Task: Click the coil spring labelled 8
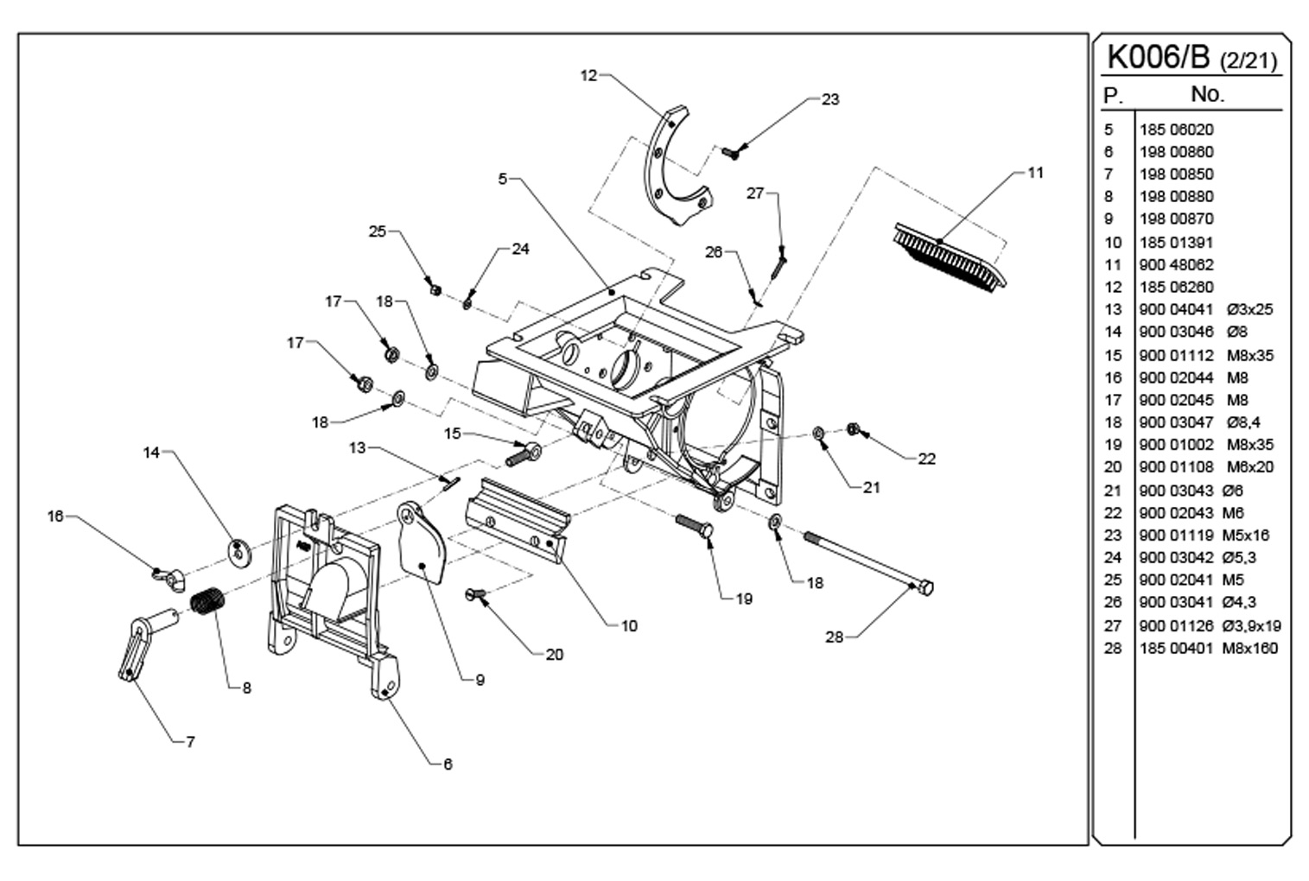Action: (207, 601)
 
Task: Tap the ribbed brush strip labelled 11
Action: (949, 257)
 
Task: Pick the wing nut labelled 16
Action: (168, 577)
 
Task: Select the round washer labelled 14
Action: (238, 552)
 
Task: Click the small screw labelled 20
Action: (475, 595)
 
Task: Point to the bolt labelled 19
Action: (694, 524)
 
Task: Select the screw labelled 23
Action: (730, 153)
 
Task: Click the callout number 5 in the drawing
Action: (502, 179)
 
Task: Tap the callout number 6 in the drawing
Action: (448, 764)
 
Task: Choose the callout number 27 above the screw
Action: (755, 193)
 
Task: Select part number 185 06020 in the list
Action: (1176, 129)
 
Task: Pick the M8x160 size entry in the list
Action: (1250, 648)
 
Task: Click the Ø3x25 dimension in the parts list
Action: (1249, 309)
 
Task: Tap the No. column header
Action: (1207, 93)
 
